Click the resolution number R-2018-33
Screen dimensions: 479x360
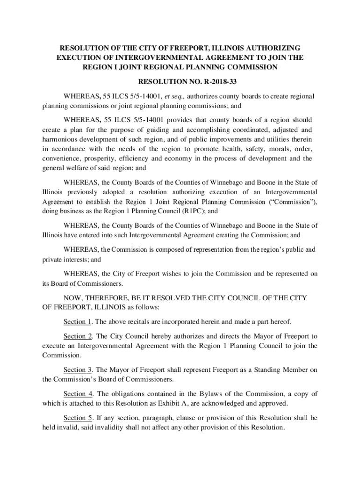pos(215,82)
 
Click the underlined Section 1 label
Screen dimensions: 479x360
pos(77,322)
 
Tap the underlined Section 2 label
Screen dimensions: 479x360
pos(78,336)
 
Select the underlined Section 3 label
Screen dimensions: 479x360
pos(78,370)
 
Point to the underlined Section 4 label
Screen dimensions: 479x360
pos(78,394)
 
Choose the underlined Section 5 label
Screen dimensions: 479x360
pos(78,418)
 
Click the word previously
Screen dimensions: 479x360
pos(75,192)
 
